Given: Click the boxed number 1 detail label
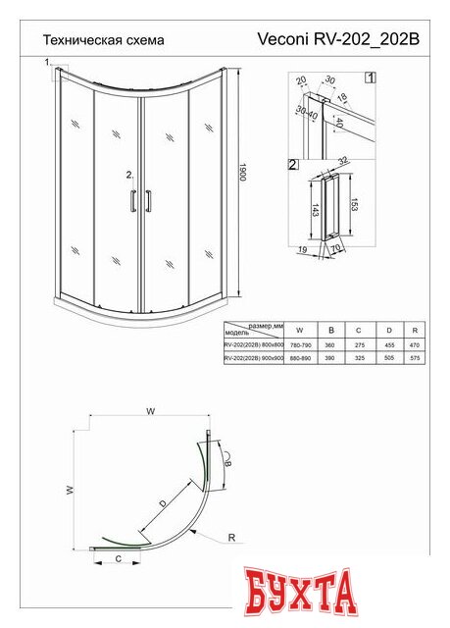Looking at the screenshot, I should coord(369,77).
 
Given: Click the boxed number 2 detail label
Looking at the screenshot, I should coord(293,165).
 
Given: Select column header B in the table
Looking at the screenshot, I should coord(331,331).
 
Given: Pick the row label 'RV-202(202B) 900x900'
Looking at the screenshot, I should coord(253,360).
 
